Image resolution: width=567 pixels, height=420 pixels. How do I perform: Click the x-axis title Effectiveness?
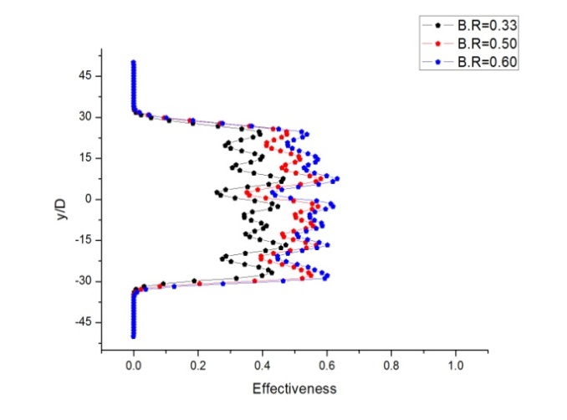coord(294,389)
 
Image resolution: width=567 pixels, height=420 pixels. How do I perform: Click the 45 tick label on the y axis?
coord(86,76)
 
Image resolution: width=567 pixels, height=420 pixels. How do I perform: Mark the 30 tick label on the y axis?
coord(86,117)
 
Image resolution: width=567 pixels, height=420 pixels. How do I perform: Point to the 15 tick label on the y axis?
coord(86,158)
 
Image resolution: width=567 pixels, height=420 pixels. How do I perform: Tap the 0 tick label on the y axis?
coord(89,199)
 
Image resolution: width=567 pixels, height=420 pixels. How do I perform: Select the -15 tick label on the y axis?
coord(84,240)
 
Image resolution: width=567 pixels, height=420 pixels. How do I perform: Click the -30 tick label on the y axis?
coord(84,281)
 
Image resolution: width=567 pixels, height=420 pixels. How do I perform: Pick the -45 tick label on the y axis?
coord(84,322)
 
